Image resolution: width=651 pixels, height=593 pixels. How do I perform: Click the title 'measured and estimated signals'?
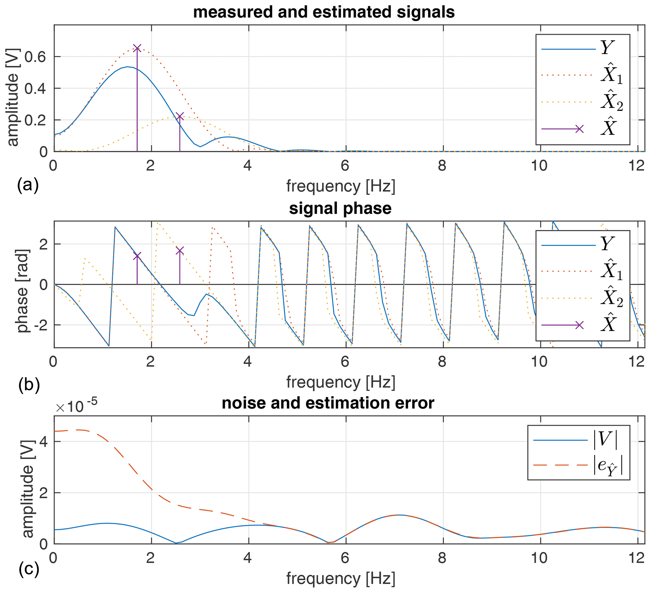click(324, 12)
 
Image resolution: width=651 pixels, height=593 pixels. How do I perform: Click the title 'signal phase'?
click(340, 208)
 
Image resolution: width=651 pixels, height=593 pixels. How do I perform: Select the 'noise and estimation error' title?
click(328, 403)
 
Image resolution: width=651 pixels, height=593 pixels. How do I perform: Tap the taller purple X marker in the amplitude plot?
click(137, 48)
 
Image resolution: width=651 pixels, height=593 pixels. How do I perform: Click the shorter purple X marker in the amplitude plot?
click(180, 116)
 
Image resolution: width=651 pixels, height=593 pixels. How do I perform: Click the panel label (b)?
click(29, 385)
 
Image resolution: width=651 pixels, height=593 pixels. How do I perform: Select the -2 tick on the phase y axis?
click(41, 325)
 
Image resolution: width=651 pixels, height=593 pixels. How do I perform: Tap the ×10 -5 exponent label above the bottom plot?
click(77, 407)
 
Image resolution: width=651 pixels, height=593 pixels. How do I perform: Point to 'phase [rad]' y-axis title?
click(23, 291)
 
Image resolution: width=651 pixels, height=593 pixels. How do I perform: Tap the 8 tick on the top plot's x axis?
click(442, 166)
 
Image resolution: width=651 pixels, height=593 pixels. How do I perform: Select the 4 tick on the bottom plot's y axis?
click(43, 442)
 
